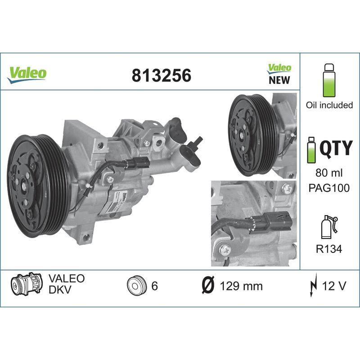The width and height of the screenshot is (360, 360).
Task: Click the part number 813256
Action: [161, 76]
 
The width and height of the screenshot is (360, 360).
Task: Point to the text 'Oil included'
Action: [329, 105]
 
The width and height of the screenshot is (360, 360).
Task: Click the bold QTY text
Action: [335, 148]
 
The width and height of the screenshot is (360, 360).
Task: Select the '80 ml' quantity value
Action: [329, 173]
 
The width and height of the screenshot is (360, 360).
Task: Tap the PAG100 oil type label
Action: [329, 188]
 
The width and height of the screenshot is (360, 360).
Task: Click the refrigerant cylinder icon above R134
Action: [328, 227]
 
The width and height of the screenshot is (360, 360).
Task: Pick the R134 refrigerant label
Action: [329, 248]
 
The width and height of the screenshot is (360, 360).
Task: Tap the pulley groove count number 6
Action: [154, 286]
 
